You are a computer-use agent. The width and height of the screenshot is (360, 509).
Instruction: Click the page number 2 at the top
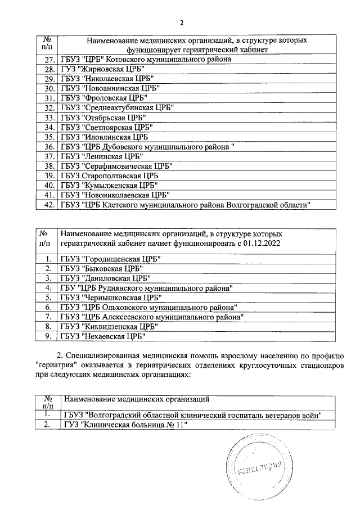(x=181, y=22)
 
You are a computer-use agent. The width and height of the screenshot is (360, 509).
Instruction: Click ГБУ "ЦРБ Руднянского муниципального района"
(x=146, y=287)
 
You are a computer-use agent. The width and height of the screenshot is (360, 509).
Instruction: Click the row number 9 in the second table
(x=49, y=336)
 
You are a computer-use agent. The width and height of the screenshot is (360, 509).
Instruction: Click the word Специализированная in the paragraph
(x=102, y=355)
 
